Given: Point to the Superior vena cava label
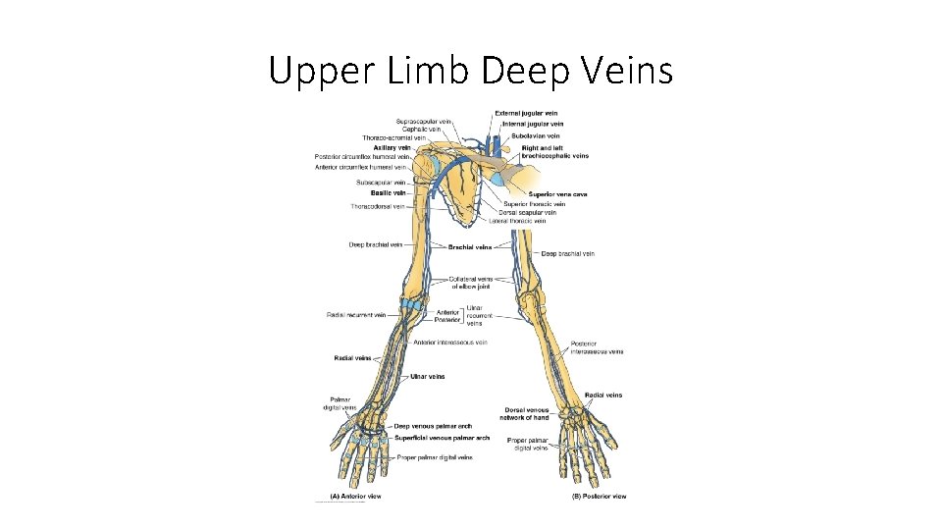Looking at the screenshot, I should point(558,194).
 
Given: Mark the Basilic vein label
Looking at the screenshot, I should point(392,193).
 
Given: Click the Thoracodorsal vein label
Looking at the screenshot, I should point(378,206).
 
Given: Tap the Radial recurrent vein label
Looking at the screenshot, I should point(357,315).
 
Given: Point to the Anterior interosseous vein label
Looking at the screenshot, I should point(450,343).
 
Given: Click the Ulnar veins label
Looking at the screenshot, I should point(427,376).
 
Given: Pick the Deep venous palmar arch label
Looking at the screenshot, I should point(433,426).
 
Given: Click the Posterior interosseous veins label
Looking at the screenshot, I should point(597,347).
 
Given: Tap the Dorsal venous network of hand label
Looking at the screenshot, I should point(530,413).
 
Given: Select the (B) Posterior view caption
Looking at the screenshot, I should point(599,497).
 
